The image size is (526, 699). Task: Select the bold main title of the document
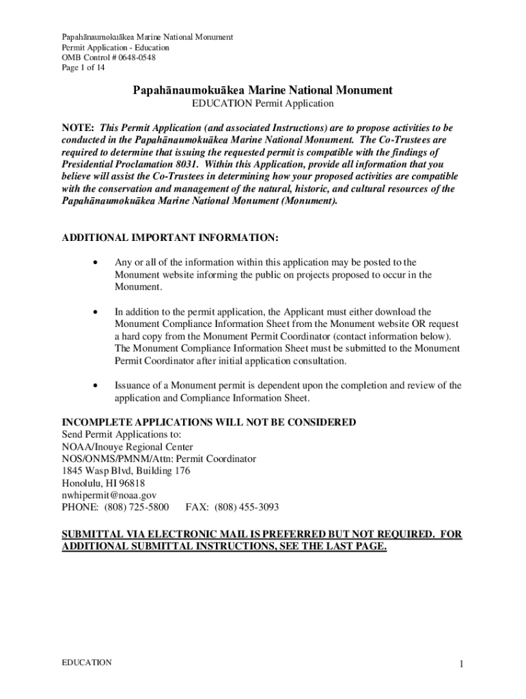(x=262, y=90)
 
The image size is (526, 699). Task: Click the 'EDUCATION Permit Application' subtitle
(x=262, y=104)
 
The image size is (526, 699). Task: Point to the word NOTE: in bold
(x=79, y=128)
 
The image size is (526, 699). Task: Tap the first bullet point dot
(x=99, y=263)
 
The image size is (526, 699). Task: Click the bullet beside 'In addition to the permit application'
(x=99, y=312)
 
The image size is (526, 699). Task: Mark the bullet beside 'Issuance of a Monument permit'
(x=99, y=386)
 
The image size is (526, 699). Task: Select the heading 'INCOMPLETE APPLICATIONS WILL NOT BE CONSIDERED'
(x=209, y=423)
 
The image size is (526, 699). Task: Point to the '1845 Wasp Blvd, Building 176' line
(x=126, y=471)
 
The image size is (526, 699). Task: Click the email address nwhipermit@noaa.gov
(x=109, y=496)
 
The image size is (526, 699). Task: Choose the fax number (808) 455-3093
(x=247, y=508)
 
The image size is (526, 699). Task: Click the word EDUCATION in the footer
(x=87, y=663)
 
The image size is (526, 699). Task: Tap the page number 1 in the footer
(x=462, y=665)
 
